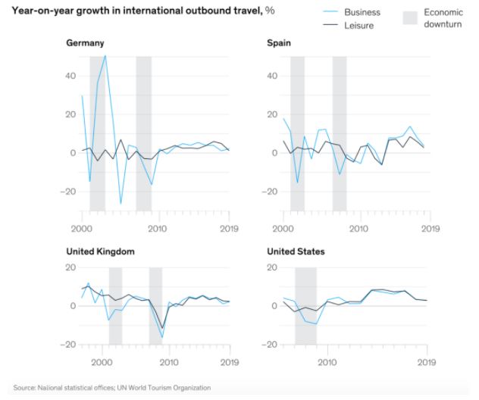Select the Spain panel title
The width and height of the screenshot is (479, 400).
[279, 43]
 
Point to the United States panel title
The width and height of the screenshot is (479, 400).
[296, 251]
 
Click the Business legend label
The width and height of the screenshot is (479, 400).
[362, 13]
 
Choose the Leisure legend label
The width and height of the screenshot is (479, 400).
[358, 25]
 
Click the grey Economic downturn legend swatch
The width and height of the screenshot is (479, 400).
[410, 18]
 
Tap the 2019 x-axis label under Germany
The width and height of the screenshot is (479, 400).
[229, 227]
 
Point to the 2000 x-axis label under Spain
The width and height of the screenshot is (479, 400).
[283, 227]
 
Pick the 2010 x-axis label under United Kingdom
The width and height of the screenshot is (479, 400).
[168, 362]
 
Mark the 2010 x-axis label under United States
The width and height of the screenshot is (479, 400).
[327, 362]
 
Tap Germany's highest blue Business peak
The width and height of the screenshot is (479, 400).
[105, 55]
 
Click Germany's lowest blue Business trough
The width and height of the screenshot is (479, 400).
[121, 204]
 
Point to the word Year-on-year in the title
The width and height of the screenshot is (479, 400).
[39, 13]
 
